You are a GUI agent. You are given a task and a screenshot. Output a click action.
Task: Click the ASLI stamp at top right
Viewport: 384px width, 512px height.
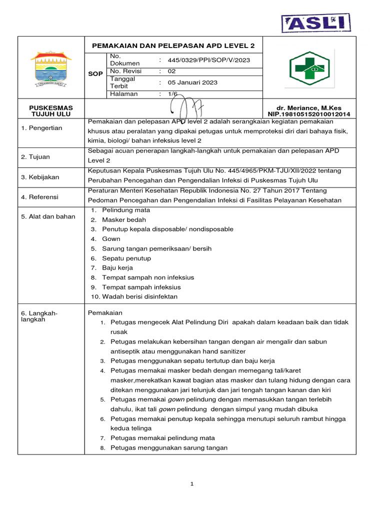pyautogui.click(x=315, y=22)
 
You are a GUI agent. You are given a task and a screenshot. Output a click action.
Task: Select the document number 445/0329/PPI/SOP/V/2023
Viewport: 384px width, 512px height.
pyautogui.click(x=208, y=60)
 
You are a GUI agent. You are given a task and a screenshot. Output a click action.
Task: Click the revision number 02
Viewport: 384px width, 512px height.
pyautogui.click(x=171, y=71)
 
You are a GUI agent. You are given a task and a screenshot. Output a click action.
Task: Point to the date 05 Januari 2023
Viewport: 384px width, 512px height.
pyautogui.click(x=192, y=82)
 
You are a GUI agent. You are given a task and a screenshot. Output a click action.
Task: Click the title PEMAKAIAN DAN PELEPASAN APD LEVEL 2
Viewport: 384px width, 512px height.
pyautogui.click(x=173, y=45)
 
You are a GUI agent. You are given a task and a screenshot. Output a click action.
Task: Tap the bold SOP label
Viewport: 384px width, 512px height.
pyautogui.click(x=95, y=73)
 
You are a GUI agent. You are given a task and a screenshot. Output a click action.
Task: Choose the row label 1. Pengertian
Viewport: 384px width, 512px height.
pyautogui.click(x=41, y=128)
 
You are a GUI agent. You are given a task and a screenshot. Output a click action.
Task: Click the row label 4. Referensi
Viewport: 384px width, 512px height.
pyautogui.click(x=39, y=197)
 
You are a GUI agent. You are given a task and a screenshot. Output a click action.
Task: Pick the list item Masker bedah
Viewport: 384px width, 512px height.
pyautogui.click(x=123, y=219)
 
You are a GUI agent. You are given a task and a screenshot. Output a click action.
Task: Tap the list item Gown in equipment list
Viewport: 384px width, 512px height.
pyautogui.click(x=111, y=239)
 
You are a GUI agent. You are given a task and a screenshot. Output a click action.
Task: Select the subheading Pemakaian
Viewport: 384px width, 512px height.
pyautogui.click(x=101, y=312)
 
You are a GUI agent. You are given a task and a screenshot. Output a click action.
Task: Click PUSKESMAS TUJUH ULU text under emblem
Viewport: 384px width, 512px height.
pyautogui.click(x=50, y=111)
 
